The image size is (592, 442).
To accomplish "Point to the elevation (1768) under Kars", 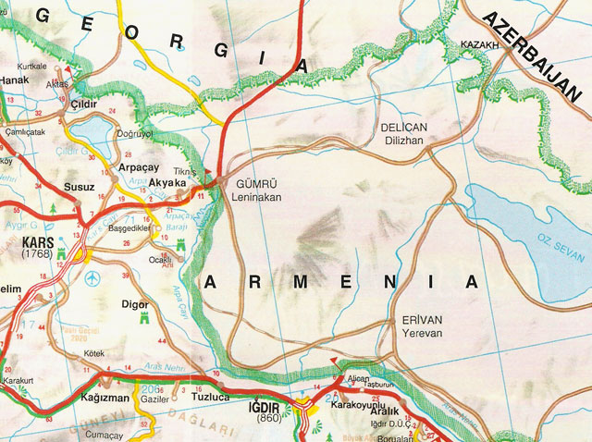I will pyautogui.click(x=37, y=253).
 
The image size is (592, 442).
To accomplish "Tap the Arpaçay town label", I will pyautogui.click(x=140, y=168).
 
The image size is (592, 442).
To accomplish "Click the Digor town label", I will pyautogui.click(x=135, y=302).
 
